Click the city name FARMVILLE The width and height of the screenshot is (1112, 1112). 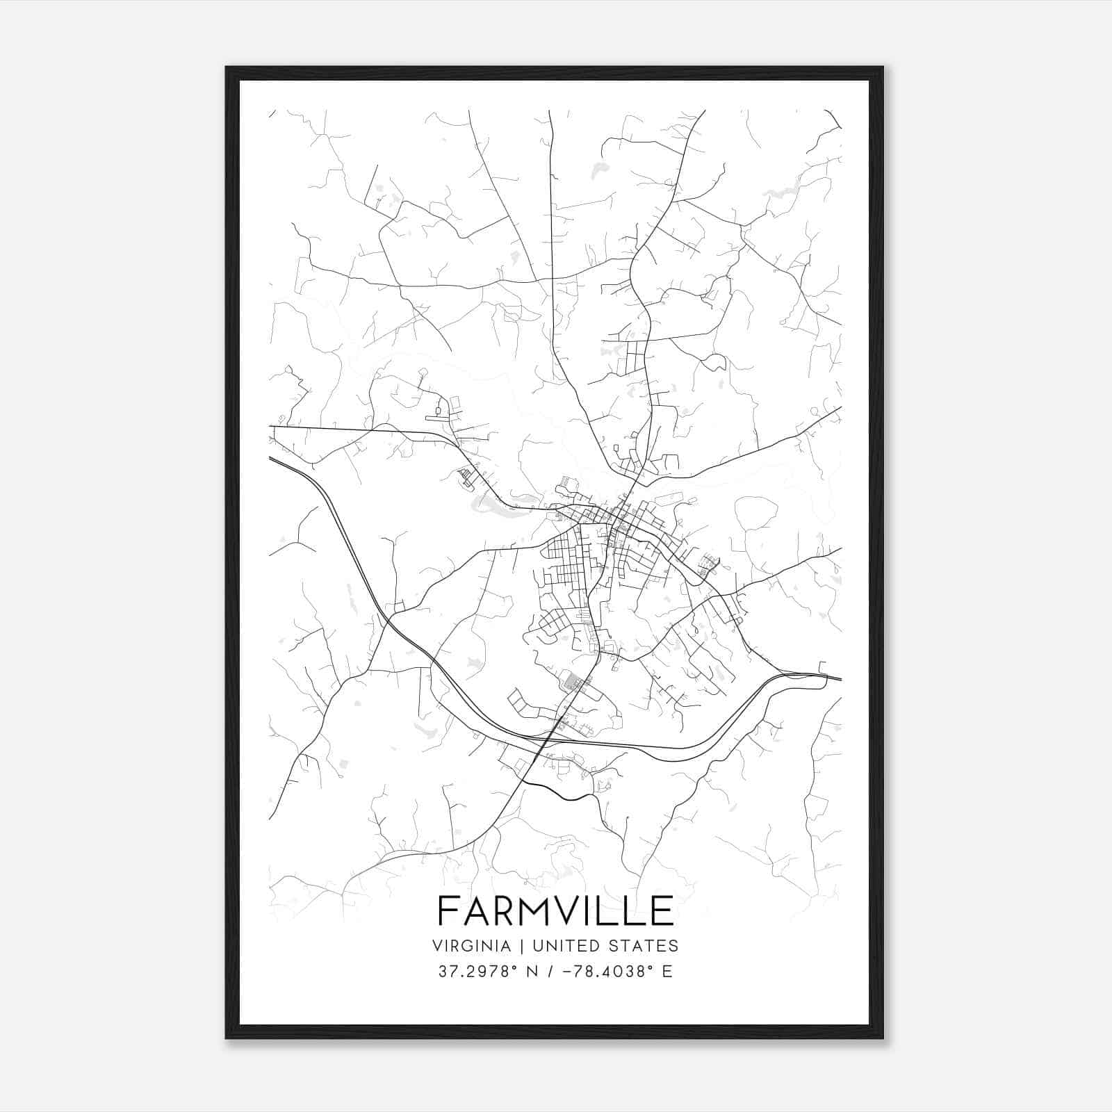(x=555, y=910)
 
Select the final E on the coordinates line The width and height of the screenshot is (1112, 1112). (x=667, y=972)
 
